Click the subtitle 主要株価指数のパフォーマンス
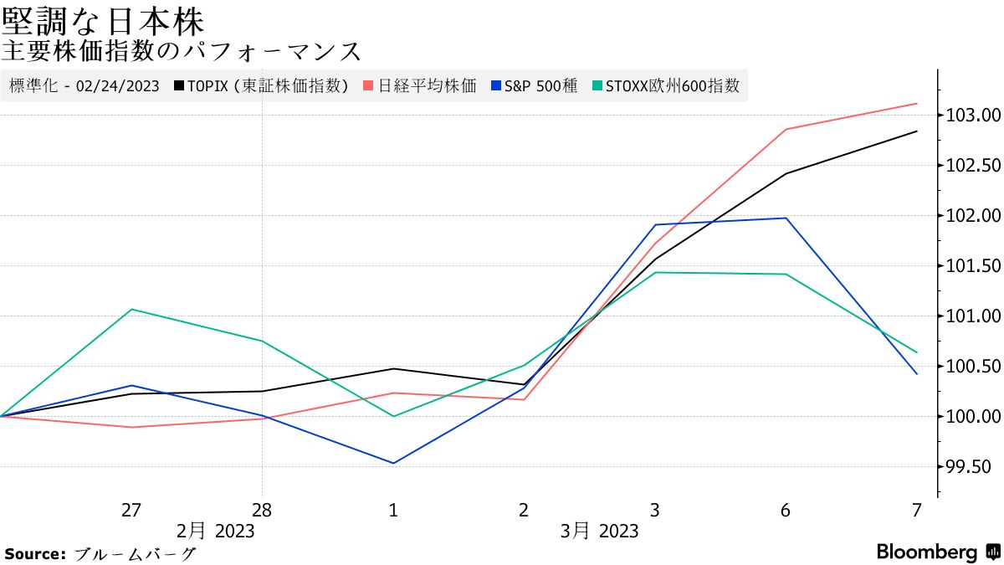pos(182,51)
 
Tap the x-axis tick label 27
pos(131,510)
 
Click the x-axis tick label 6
pos(786,510)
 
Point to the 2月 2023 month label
pos(216,531)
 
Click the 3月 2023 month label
pos(599,531)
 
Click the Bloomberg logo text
pos(927,552)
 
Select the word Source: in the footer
pos(35,553)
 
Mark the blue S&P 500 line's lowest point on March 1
pos(393,463)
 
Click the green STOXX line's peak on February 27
pos(131,310)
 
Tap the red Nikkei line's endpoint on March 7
pos(917,104)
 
